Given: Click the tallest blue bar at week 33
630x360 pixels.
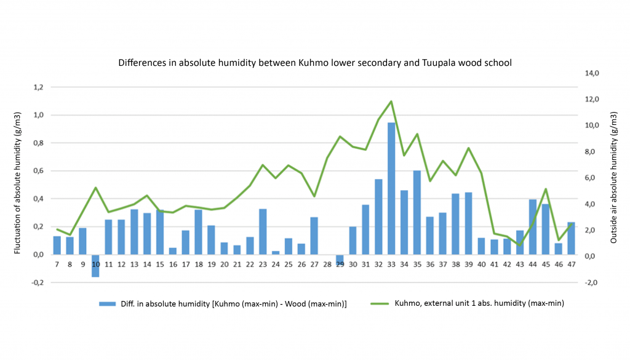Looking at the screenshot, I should pyautogui.click(x=391, y=188).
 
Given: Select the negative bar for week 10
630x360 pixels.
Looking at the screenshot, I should pyautogui.click(x=95, y=265).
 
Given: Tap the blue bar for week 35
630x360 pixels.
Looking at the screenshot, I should pyautogui.click(x=417, y=212).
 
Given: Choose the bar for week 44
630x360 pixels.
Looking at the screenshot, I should pyautogui.click(x=533, y=226).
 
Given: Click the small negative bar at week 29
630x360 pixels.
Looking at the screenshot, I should pyautogui.click(x=340, y=258).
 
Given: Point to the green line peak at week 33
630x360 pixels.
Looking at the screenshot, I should pyautogui.click(x=391, y=102).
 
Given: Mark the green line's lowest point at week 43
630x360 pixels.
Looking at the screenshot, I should pyautogui.click(x=520, y=245).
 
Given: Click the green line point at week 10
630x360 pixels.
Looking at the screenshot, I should pyautogui.click(x=95, y=188).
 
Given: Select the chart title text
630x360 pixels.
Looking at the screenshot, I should pyautogui.click(x=314, y=63).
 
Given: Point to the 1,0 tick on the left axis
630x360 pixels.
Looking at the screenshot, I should pyautogui.click(x=38, y=115).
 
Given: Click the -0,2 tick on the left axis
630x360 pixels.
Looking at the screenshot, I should pyautogui.click(x=37, y=282).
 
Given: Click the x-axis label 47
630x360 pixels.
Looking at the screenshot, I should pyautogui.click(x=571, y=265).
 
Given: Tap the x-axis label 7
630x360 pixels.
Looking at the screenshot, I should pyautogui.click(x=57, y=265).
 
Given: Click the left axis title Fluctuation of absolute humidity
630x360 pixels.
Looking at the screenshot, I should pyautogui.click(x=18, y=183).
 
